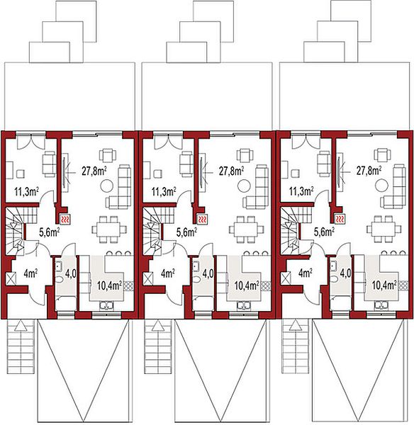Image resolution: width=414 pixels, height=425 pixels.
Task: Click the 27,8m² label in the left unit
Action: click(x=94, y=171)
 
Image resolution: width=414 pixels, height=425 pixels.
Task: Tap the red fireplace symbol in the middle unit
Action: click(x=202, y=220)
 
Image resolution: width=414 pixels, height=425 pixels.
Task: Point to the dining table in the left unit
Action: click(x=109, y=229)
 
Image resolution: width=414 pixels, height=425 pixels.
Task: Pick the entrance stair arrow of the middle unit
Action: click(x=158, y=325)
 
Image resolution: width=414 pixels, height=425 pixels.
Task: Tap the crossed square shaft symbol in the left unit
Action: click(x=11, y=278)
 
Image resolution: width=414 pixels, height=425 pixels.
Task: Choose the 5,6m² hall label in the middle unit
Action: click(x=187, y=232)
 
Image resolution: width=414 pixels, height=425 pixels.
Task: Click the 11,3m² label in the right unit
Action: click(x=301, y=191)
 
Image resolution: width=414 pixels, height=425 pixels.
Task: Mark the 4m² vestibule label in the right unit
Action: click(x=306, y=273)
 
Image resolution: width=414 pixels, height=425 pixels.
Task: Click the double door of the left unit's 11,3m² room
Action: click(x=31, y=141)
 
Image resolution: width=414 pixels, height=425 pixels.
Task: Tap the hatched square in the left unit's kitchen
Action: click(x=128, y=285)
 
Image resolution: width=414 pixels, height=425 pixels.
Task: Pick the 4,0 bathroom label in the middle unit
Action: click(x=208, y=273)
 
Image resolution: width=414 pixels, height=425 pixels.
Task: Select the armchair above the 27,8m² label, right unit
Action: click(x=382, y=155)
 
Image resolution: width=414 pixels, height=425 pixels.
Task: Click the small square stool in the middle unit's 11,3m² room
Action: click(x=158, y=174)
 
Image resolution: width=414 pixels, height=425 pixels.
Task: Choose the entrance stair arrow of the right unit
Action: click(x=296, y=325)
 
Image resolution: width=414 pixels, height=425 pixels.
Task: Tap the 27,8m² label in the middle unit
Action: click(x=231, y=171)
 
